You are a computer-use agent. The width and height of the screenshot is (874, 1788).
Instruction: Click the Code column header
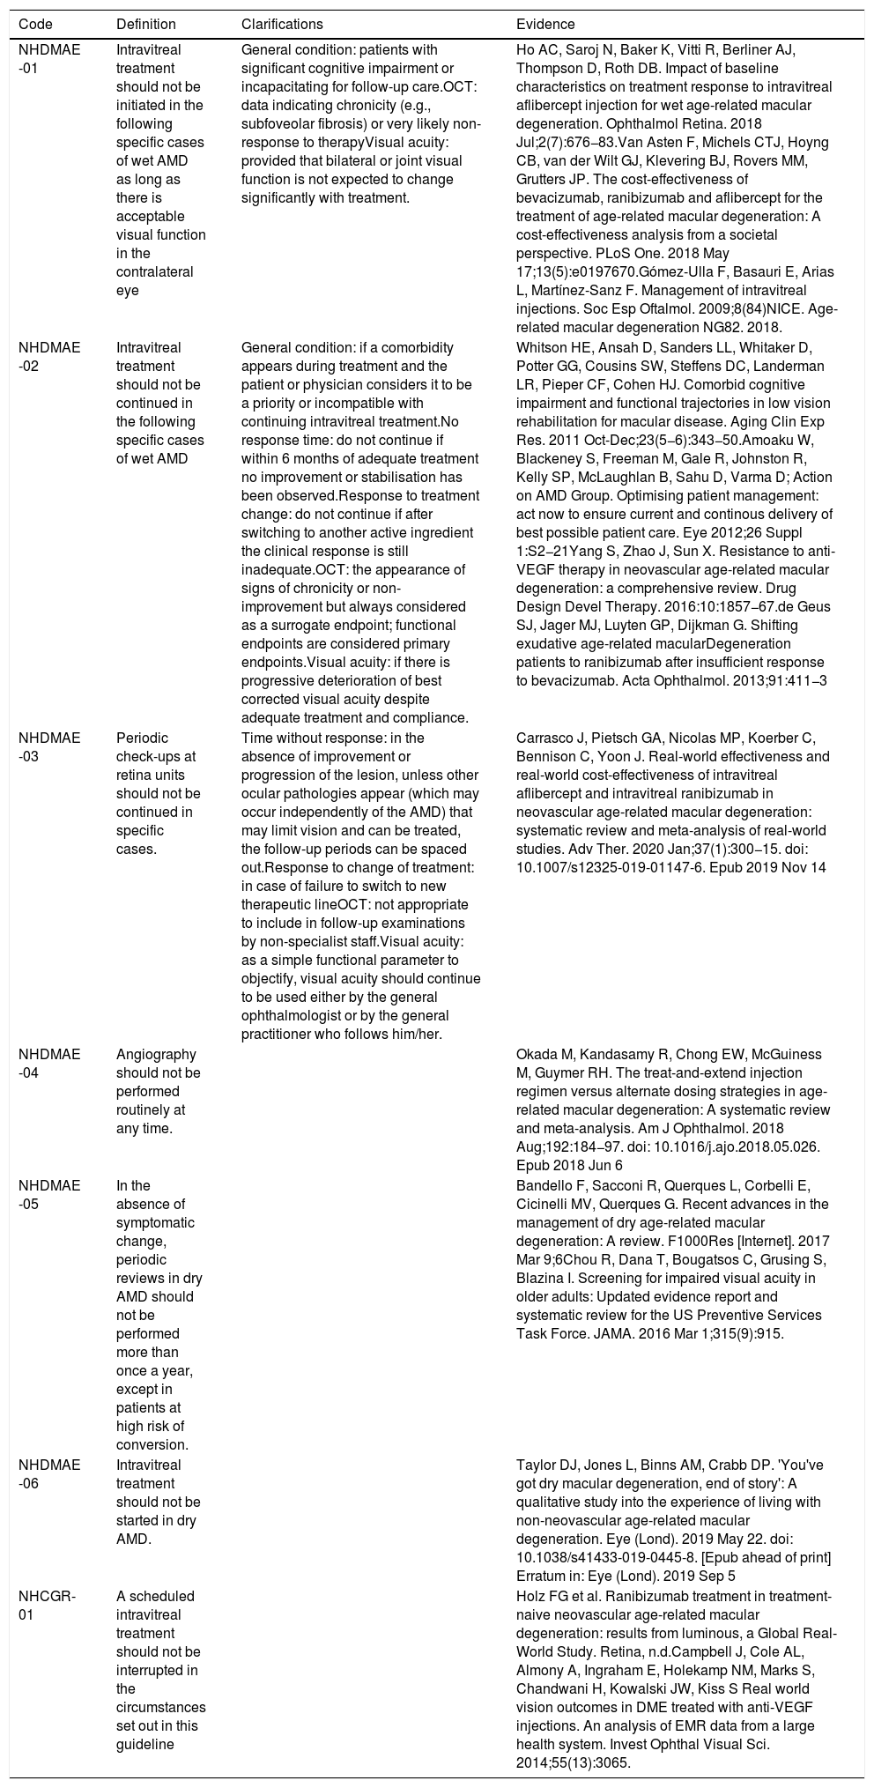(34, 25)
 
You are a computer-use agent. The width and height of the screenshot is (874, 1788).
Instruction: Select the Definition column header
(146, 25)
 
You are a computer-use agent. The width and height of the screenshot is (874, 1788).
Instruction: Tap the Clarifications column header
(282, 25)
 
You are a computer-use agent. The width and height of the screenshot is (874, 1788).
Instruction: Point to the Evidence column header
(545, 25)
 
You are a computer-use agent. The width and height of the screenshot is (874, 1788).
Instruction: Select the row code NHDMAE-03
(49, 747)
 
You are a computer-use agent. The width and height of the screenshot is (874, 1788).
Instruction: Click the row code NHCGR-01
(48, 1605)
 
